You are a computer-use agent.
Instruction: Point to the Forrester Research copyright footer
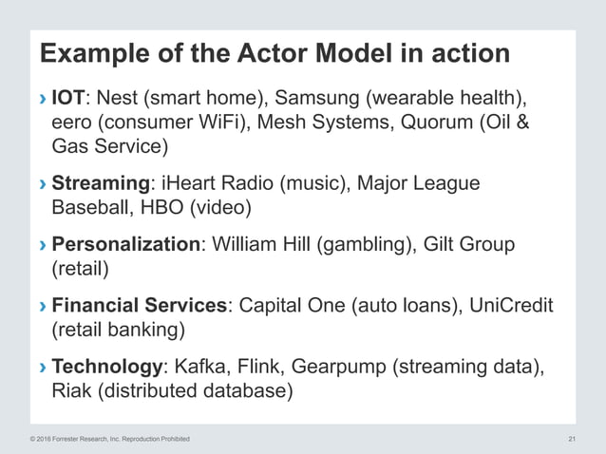coord(110,439)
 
